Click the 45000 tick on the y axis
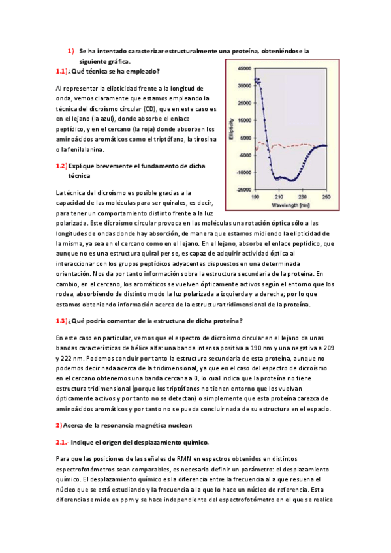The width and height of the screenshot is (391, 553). [x=245, y=68]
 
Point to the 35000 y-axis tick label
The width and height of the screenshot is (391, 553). [x=245, y=85]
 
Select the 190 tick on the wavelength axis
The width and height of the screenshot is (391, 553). [x=256, y=196]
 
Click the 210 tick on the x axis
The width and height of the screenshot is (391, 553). [x=279, y=196]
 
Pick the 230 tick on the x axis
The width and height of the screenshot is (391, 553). [x=303, y=196]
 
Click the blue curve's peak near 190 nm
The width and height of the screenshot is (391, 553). [x=257, y=79]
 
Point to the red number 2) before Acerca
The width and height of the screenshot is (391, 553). [x=58, y=425]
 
